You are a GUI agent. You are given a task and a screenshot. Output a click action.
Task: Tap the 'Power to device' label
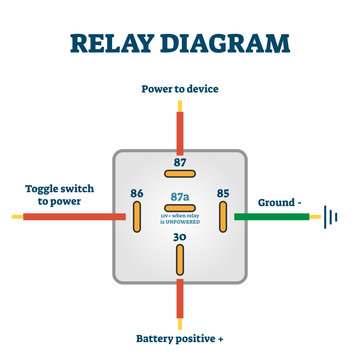179,89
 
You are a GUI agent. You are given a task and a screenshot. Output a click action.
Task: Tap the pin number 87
180,161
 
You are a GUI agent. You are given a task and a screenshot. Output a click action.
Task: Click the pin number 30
180,236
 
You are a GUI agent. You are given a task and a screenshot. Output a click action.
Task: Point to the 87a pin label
180,197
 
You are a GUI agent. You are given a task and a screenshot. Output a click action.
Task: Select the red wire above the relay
180,128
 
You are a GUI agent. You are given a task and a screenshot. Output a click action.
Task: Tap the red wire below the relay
180,300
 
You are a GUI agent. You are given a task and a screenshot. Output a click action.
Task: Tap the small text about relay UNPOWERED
180,213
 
